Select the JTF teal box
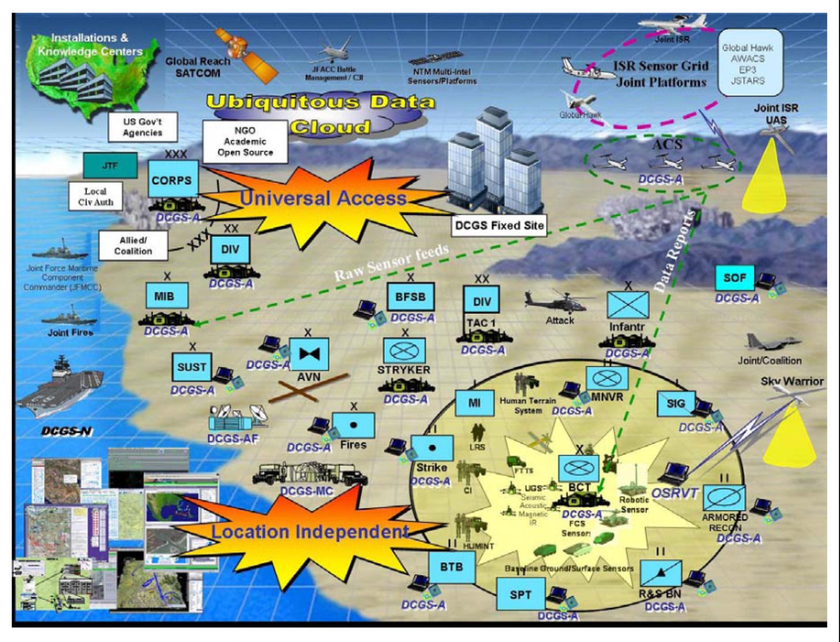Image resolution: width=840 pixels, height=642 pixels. point(110,166)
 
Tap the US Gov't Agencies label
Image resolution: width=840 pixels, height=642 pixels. point(142,127)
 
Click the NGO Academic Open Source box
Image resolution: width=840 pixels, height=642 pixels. point(245,141)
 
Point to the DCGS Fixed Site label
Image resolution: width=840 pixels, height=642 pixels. point(499,226)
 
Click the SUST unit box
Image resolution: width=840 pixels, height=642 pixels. point(192,367)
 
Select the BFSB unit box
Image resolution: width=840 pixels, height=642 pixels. point(410,297)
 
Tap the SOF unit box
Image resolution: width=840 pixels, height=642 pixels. point(734,278)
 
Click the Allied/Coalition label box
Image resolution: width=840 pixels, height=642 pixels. point(133,246)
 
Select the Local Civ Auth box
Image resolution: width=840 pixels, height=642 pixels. point(96,197)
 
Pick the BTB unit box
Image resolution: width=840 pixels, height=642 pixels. point(452,566)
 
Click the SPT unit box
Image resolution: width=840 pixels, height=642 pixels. point(520,595)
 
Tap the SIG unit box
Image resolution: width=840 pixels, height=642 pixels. point(676,404)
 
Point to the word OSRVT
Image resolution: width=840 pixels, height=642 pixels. point(675,493)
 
